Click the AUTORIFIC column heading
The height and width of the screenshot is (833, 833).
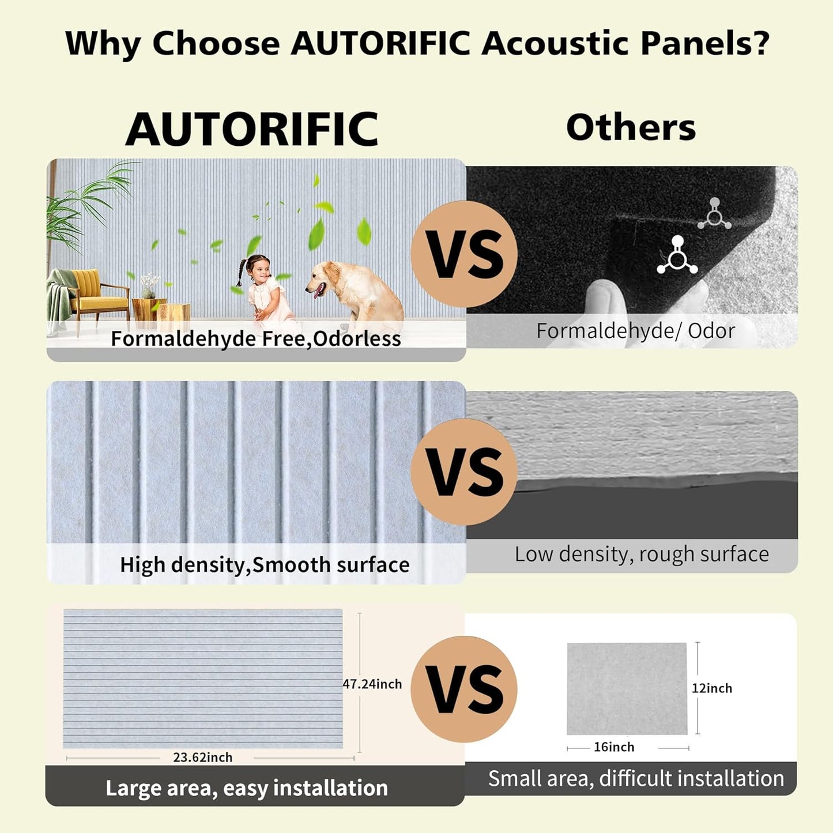252,130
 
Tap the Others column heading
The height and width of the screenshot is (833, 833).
631,127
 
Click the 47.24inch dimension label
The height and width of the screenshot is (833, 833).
372,684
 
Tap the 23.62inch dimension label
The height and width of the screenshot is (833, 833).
203,757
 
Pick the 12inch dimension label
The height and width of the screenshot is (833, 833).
712,688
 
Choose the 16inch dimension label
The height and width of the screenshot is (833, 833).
614,747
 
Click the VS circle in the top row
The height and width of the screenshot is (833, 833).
464,254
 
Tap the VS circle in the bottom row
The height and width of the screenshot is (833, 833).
464,689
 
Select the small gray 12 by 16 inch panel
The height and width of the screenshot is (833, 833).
627,688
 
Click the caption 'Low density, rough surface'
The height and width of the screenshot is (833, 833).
642,554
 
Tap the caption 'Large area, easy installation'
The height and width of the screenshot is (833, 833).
247,787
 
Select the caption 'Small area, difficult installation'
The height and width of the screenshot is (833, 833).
636,779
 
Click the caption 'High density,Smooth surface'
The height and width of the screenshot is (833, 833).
265,565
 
